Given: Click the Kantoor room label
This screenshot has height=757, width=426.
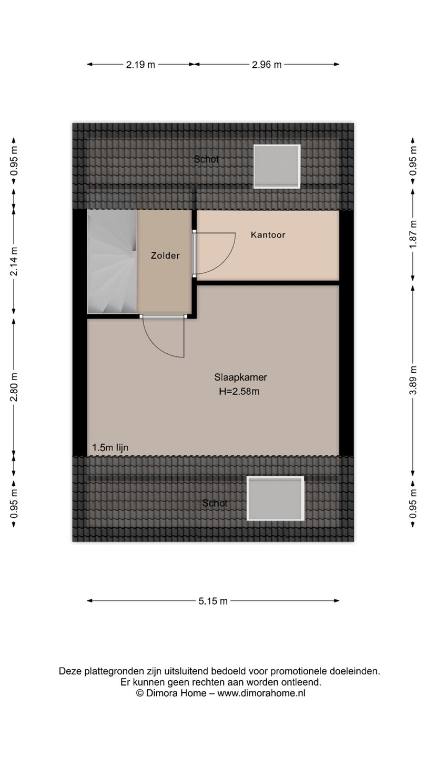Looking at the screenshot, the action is [x=268, y=235].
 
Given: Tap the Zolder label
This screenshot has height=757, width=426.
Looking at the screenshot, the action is [x=165, y=255].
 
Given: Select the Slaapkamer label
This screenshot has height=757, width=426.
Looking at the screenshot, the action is [x=240, y=377].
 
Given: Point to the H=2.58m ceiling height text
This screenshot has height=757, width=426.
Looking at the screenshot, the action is [x=239, y=391].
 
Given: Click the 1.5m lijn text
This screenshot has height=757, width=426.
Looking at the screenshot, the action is [x=110, y=447].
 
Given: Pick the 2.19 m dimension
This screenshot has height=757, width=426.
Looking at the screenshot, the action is [x=140, y=65].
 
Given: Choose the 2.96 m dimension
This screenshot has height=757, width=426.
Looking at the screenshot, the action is [x=267, y=65].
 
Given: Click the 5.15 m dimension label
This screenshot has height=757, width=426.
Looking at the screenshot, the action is [x=213, y=601].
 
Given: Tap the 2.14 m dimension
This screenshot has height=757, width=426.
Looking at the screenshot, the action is [x=14, y=261].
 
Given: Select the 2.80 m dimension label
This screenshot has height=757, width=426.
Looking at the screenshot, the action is [x=14, y=387].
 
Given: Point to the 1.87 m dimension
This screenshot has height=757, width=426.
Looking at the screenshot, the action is [x=413, y=234].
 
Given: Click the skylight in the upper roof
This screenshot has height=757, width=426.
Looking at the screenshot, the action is [x=277, y=166].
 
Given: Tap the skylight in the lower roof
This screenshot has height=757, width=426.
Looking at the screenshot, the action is [x=276, y=498].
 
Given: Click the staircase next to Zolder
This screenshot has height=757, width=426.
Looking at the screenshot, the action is [x=112, y=262].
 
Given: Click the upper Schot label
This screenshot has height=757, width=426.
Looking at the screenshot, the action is [x=206, y=159].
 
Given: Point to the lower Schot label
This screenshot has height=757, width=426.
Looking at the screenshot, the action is [x=215, y=503].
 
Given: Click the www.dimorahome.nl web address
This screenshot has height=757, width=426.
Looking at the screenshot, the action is [x=261, y=693].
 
